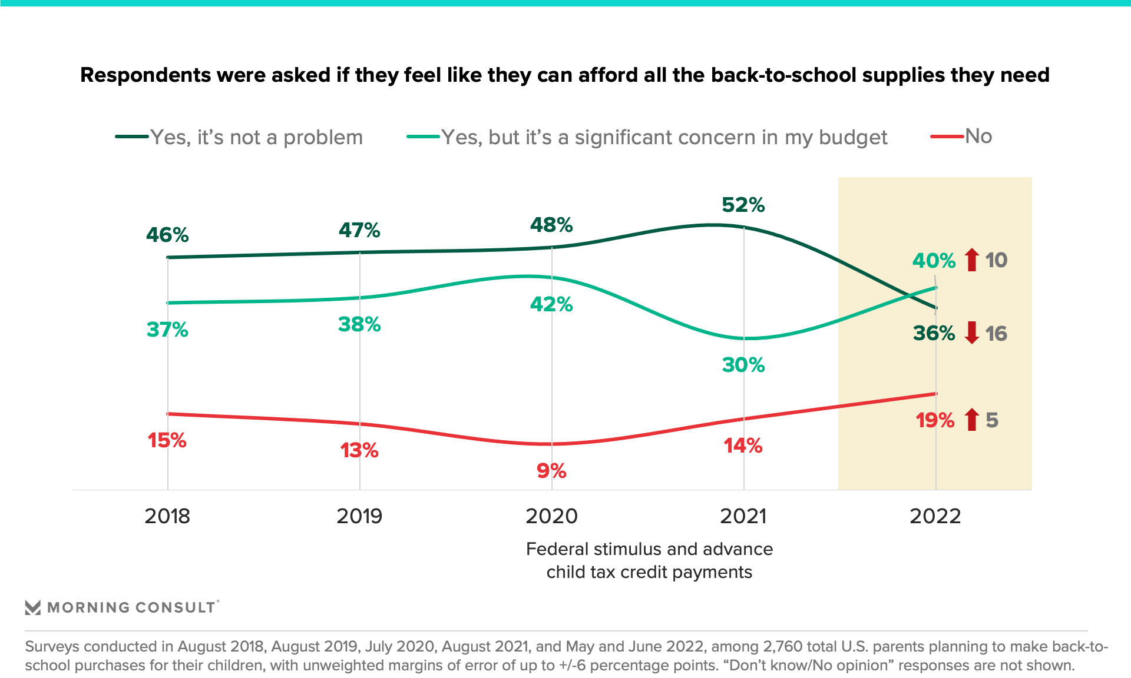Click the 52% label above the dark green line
tap(743, 205)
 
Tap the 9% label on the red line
tap(551, 471)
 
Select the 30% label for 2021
tap(743, 365)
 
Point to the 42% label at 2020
tap(551, 304)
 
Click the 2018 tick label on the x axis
tap(167, 516)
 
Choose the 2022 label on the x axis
tap(935, 516)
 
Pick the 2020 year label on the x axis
tap(551, 516)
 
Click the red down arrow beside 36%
tap(972, 333)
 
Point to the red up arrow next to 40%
tap(972, 260)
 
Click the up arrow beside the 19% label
tap(972, 420)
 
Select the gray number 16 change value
tap(996, 334)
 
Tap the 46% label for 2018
tap(167, 235)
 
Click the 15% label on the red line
tap(167, 440)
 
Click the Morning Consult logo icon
tap(33, 607)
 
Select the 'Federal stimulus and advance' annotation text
tap(649, 549)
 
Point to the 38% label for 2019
tap(359, 324)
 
